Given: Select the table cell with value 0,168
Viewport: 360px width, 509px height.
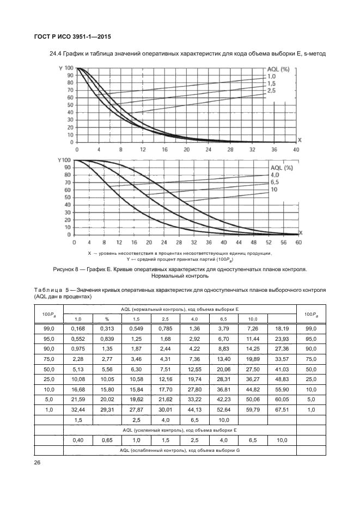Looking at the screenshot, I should (78, 329).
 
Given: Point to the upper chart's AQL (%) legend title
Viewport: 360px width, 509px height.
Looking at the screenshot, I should (282, 70).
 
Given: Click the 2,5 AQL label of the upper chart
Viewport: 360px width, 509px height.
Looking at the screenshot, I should (271, 90).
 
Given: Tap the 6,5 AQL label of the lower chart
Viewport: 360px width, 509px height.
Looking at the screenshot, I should (274, 182).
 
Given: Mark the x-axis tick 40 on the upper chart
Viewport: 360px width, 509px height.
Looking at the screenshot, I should (296, 149).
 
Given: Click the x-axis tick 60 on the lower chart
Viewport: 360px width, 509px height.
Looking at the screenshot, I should (298, 242).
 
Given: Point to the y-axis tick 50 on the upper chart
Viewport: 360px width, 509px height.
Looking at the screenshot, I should (70, 105).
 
